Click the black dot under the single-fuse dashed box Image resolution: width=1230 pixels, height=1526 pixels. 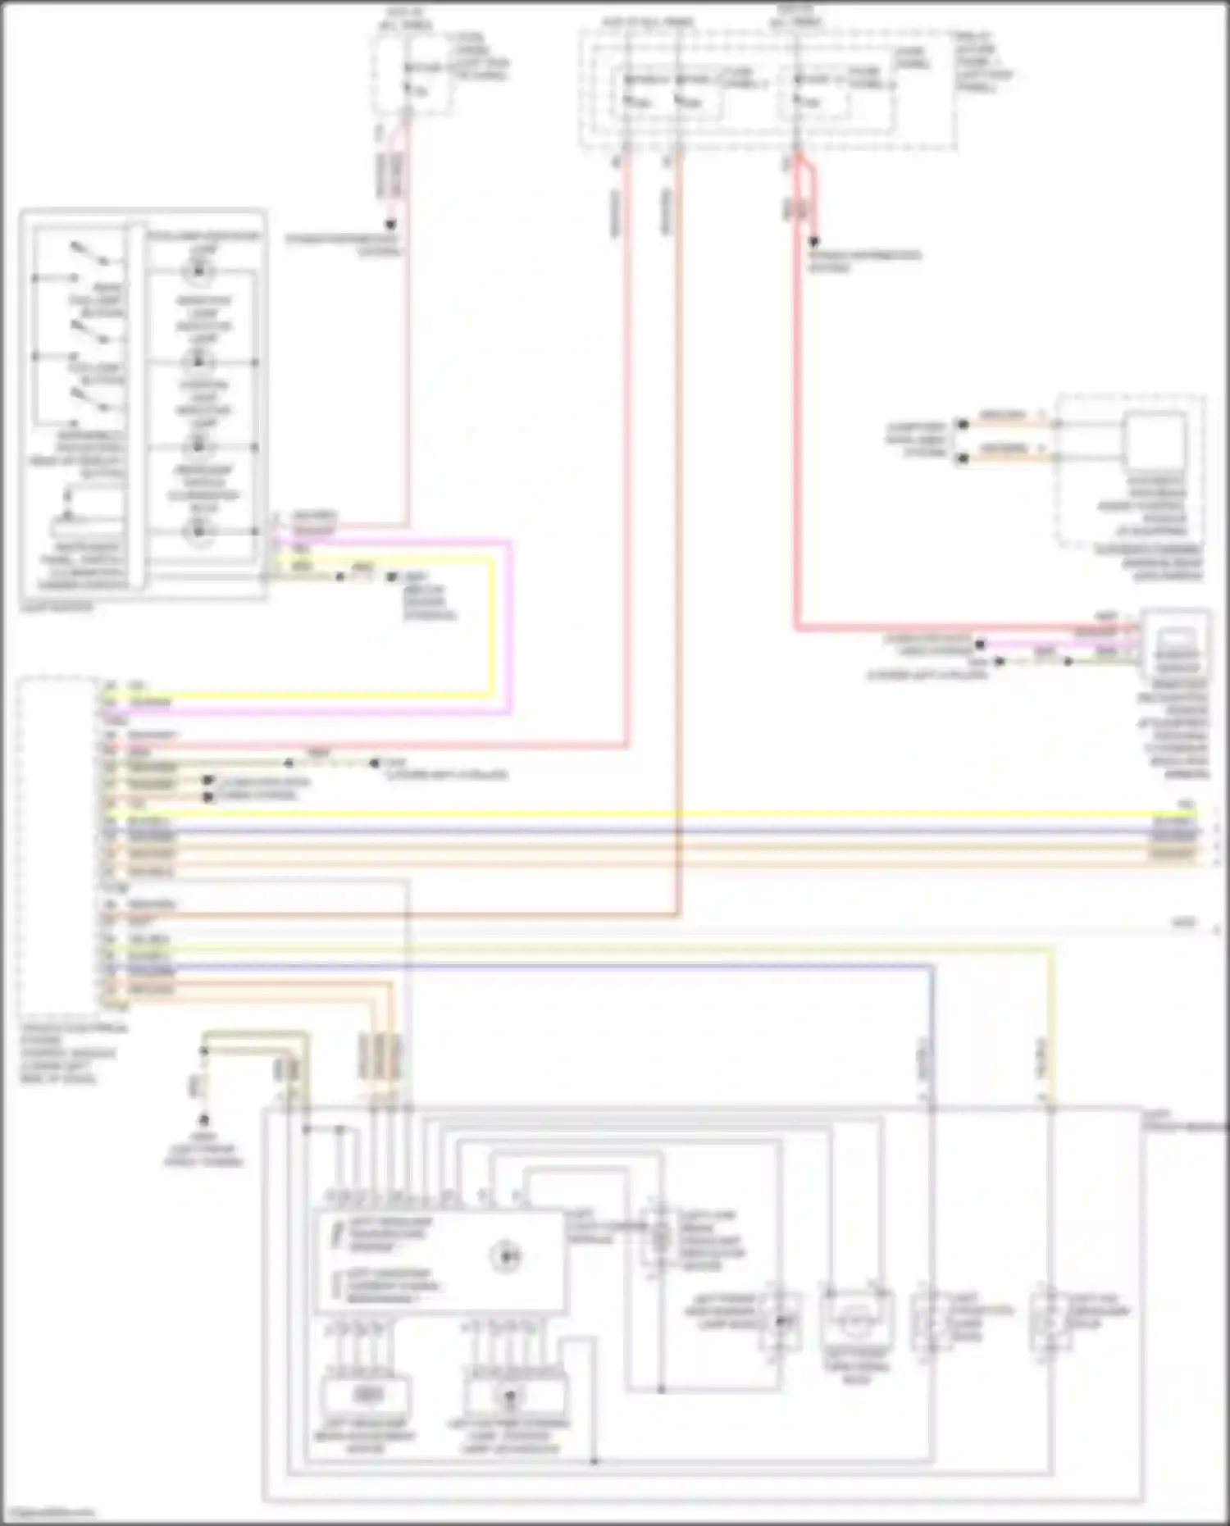tap(391, 224)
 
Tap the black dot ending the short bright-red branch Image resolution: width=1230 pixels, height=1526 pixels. tap(813, 243)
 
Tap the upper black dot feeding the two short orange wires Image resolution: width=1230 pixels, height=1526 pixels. tap(963, 424)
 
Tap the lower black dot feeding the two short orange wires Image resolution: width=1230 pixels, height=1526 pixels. tap(963, 458)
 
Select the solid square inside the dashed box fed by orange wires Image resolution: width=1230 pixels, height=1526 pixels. tap(1156, 443)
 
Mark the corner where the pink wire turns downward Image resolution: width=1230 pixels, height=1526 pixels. tap(511, 542)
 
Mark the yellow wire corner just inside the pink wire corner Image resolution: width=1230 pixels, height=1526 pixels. tap(494, 558)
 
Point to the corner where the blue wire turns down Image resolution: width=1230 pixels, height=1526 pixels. tap(932, 968)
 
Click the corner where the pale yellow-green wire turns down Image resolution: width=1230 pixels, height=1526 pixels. tap(1050, 950)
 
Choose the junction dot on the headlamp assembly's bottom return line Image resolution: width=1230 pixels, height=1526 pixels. tap(594, 1461)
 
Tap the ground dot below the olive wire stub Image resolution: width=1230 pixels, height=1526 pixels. tap(203, 1119)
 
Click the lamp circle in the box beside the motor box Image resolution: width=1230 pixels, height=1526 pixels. tap(510, 1396)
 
